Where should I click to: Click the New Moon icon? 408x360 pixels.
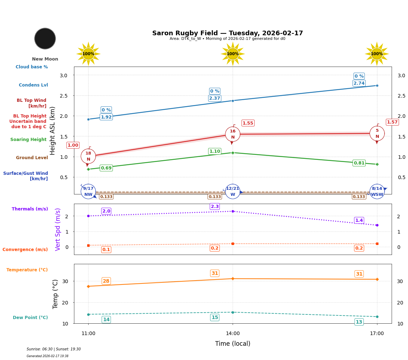click(x=45, y=38)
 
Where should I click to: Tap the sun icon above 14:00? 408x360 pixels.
click(x=233, y=54)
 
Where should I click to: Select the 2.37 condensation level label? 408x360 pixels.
click(x=214, y=98)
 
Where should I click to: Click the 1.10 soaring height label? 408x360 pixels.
click(x=214, y=151)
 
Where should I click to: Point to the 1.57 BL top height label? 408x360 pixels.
click(x=392, y=122)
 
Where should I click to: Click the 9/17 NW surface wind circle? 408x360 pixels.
click(x=88, y=192)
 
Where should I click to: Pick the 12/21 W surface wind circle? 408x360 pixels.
click(x=233, y=192)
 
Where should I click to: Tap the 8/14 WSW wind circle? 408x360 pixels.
click(x=377, y=192)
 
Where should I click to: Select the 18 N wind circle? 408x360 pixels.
click(x=88, y=156)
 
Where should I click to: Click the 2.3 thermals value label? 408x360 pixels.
click(x=215, y=207)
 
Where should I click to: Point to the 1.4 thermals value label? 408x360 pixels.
click(x=359, y=220)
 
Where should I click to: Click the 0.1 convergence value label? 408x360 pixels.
click(x=106, y=250)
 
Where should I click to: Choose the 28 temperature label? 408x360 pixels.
click(x=106, y=281)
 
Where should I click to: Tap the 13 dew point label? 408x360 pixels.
click(x=359, y=322)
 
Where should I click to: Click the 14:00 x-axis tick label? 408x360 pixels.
click(x=233, y=334)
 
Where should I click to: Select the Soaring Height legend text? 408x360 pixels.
click(x=28, y=140)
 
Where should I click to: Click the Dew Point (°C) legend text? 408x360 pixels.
click(x=30, y=318)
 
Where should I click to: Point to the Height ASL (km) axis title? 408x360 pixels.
click(x=53, y=131)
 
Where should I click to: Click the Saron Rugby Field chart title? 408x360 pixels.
click(x=227, y=33)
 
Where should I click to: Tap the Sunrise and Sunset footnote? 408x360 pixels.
click(x=54, y=349)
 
